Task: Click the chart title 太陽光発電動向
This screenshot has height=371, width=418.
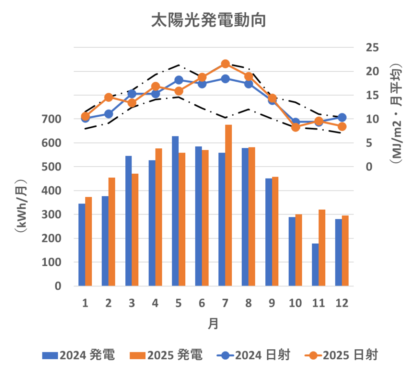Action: [209, 20]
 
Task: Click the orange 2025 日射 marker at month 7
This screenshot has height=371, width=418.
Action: [225, 64]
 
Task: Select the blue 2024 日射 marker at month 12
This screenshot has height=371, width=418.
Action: [342, 118]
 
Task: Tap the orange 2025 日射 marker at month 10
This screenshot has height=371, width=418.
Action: [296, 127]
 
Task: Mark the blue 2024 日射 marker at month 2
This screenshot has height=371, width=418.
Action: [109, 114]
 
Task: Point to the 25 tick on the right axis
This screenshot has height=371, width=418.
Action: [371, 48]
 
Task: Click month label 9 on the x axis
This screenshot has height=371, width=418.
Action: [272, 303]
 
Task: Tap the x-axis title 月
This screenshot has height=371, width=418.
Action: [213, 324]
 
